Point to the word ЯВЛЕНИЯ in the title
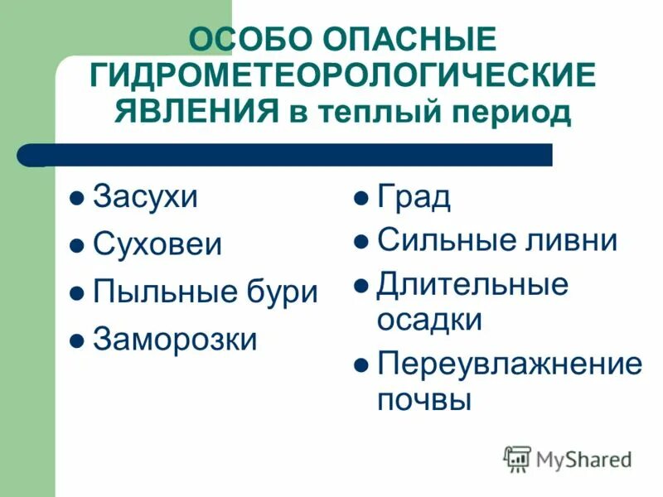(196, 111)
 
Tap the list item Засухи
(146, 199)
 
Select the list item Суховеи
(157, 245)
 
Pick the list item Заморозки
(175, 339)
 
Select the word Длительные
(472, 284)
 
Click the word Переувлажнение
(510, 364)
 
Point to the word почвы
(424, 400)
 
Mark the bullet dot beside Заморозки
(76, 340)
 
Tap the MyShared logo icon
(518, 458)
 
